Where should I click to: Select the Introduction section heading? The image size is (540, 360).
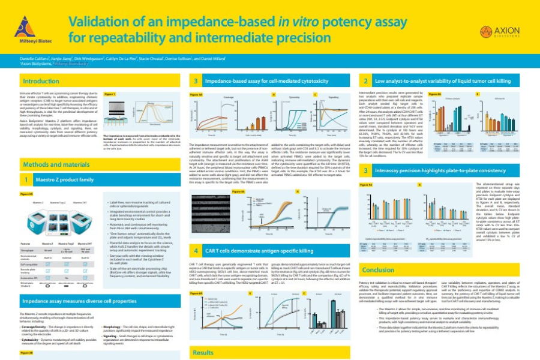41,80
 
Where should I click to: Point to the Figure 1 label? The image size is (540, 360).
109,94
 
